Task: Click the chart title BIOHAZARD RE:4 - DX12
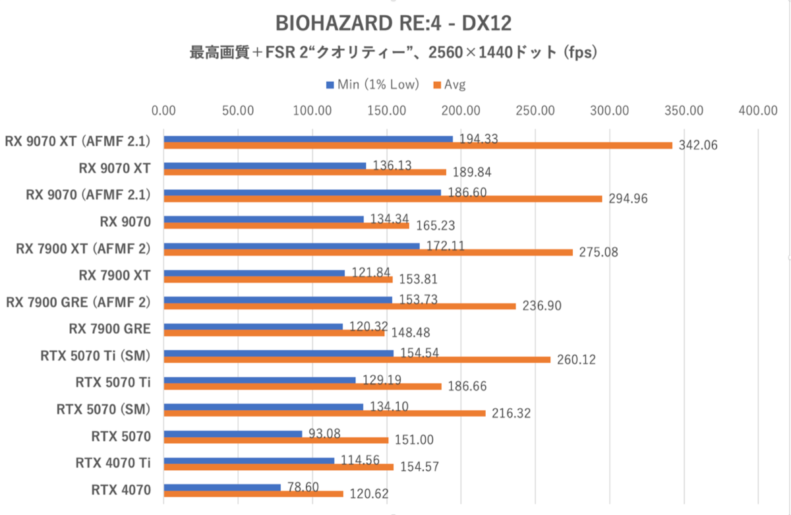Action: click(394, 23)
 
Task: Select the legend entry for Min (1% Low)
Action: click(372, 84)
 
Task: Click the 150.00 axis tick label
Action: click(386, 111)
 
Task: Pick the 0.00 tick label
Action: click(163, 111)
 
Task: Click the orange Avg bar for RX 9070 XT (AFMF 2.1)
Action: click(417, 145)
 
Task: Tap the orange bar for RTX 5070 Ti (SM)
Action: click(357, 359)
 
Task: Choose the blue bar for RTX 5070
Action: click(233, 434)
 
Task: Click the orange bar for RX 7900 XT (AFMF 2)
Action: click(368, 252)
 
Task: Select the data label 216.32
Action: click(508, 413)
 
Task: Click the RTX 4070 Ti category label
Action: click(113, 463)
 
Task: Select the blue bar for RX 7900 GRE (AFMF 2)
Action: click(278, 300)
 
